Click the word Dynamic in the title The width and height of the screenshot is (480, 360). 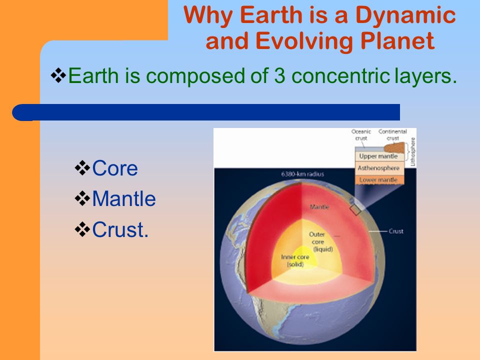point(405,16)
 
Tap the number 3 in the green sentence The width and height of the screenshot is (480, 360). point(280,75)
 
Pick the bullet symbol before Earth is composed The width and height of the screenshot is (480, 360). point(58,75)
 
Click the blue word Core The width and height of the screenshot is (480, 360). point(115,168)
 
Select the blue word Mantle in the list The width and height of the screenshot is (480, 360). point(124,198)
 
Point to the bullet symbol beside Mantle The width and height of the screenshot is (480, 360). point(82,198)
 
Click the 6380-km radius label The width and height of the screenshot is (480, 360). point(302,174)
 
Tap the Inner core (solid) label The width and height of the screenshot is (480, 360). point(295,260)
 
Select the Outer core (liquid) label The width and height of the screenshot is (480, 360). point(320,241)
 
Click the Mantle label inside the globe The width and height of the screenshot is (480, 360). point(319,207)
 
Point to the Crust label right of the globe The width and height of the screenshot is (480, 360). point(396,231)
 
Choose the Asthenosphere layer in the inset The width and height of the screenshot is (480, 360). point(378,168)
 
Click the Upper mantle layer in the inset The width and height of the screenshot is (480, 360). point(378,156)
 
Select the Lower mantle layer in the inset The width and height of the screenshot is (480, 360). point(378,179)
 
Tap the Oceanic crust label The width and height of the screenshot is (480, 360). point(361,134)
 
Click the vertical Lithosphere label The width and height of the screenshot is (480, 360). point(412,151)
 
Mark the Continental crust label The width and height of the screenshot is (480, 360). point(393,134)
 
